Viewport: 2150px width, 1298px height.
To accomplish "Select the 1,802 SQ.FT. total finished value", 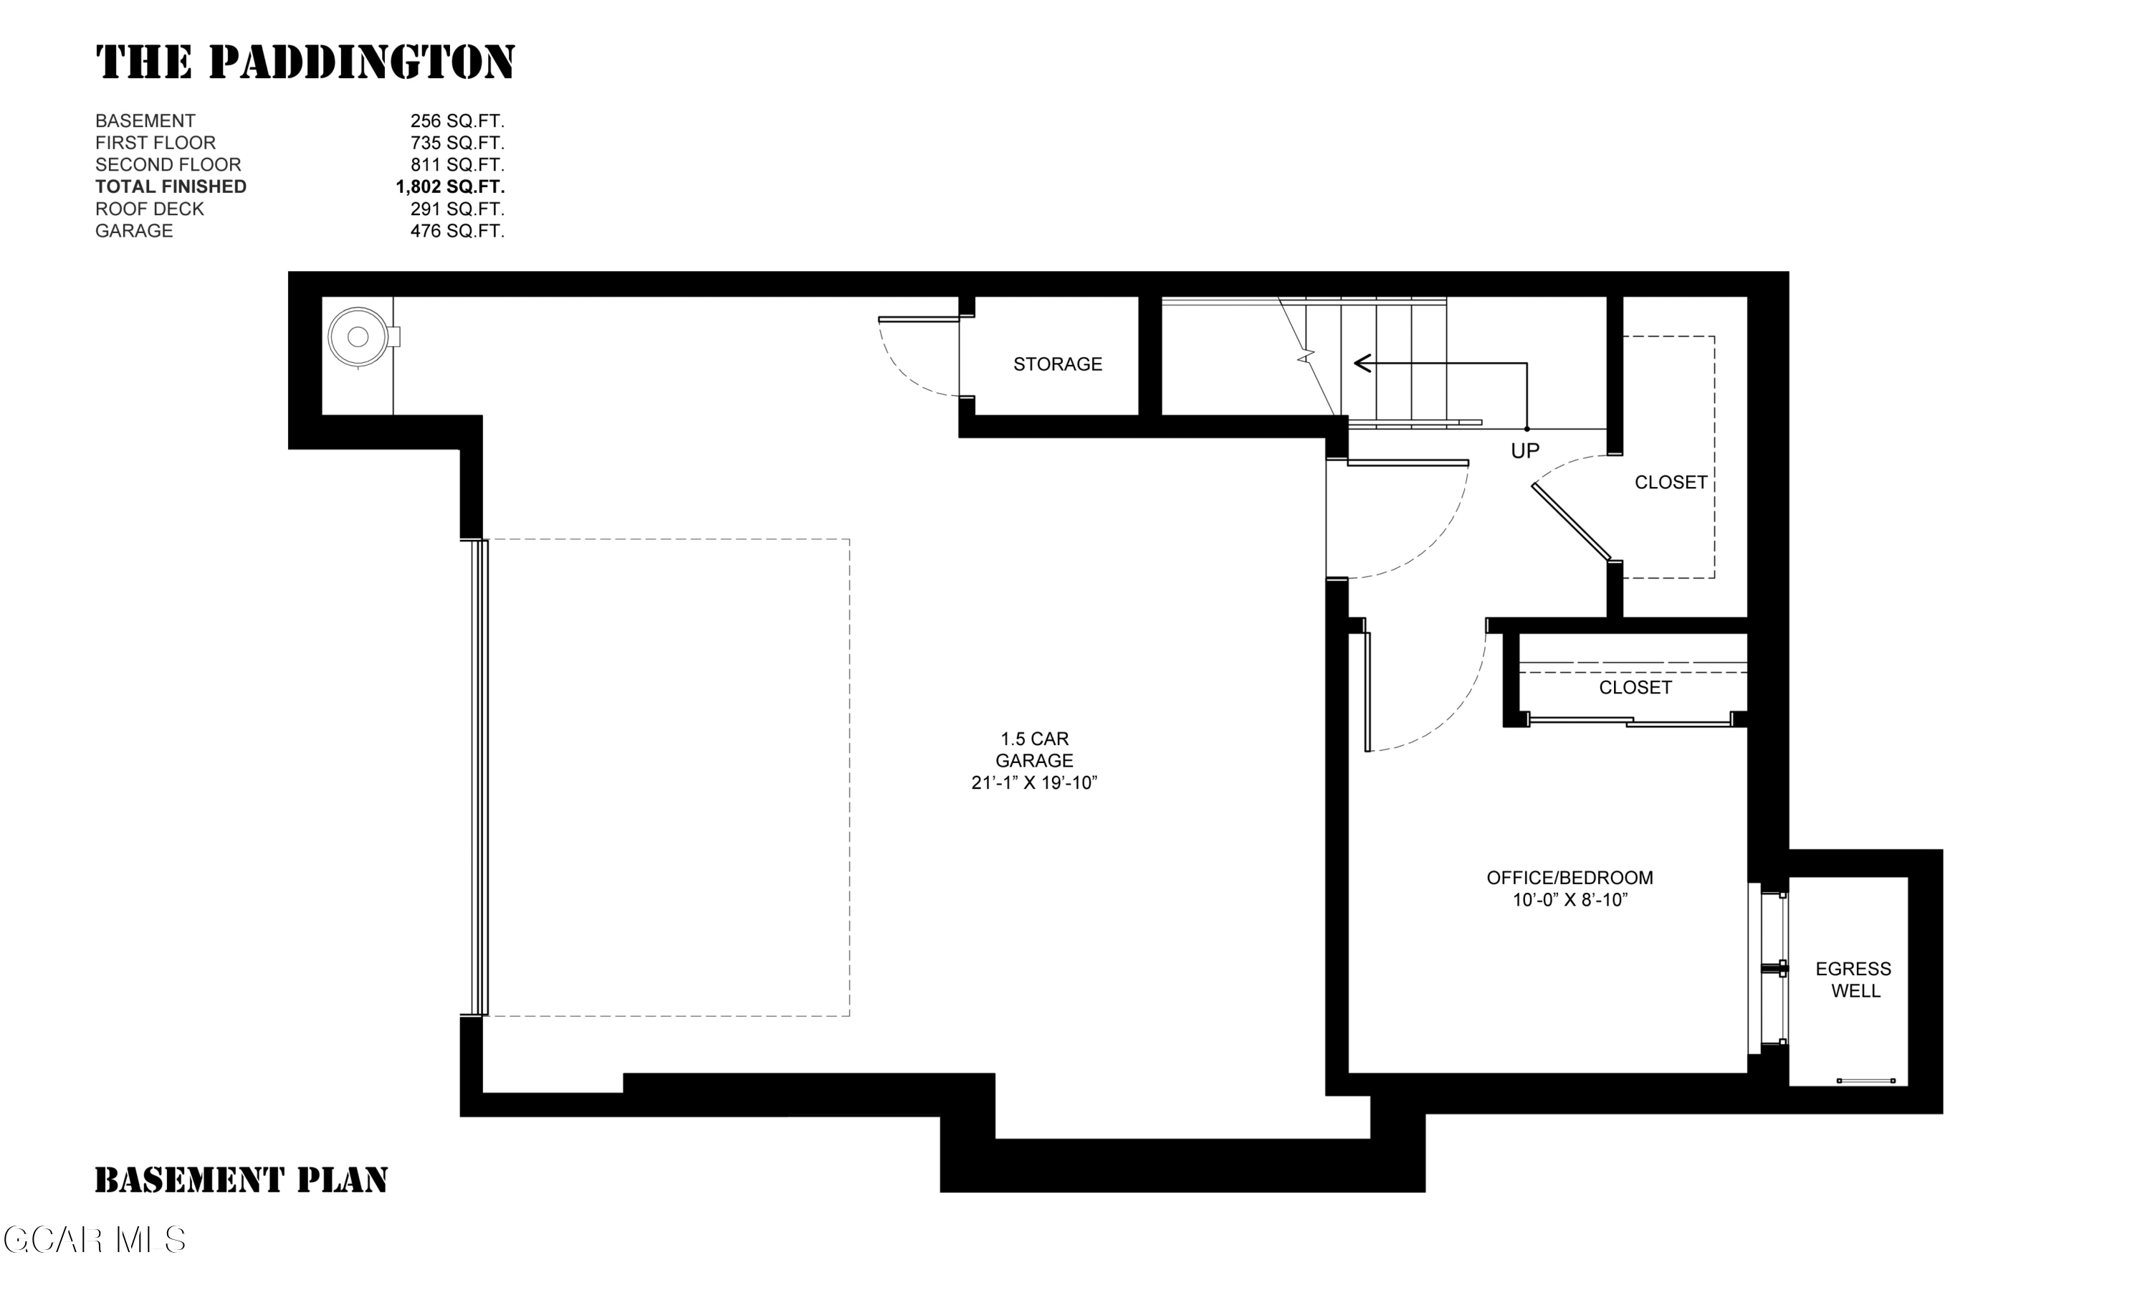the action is tap(449, 186).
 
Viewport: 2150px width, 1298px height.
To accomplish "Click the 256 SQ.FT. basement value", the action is tap(457, 120).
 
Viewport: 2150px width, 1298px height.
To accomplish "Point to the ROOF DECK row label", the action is tap(149, 209).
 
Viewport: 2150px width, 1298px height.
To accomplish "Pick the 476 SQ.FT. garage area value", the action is tap(457, 230).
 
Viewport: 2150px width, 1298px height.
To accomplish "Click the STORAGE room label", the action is tap(1058, 364).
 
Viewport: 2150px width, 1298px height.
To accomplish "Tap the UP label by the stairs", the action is tap(1525, 450).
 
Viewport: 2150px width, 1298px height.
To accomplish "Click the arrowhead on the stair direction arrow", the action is tap(1361, 363).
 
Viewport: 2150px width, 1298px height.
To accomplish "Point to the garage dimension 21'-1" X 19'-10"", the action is tap(1034, 783).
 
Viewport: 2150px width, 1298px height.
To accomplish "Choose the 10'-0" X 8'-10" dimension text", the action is tap(1569, 900).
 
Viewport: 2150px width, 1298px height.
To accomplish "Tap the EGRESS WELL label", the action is tap(1853, 980).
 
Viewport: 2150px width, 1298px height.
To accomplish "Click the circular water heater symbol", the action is tap(358, 337).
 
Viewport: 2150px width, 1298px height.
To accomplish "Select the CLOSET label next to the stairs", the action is tap(1671, 482).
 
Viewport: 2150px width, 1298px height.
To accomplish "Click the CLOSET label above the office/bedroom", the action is tap(1635, 687).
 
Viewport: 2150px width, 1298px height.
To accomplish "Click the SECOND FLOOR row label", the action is tap(168, 164).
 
